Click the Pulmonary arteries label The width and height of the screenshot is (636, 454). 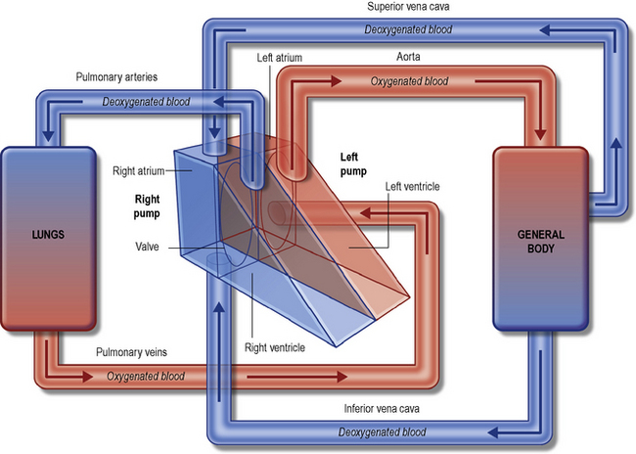(x=116, y=76)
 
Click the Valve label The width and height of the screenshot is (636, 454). (x=149, y=248)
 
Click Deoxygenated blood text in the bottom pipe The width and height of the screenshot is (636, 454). (x=382, y=431)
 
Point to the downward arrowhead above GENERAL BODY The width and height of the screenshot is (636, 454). (x=539, y=133)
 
